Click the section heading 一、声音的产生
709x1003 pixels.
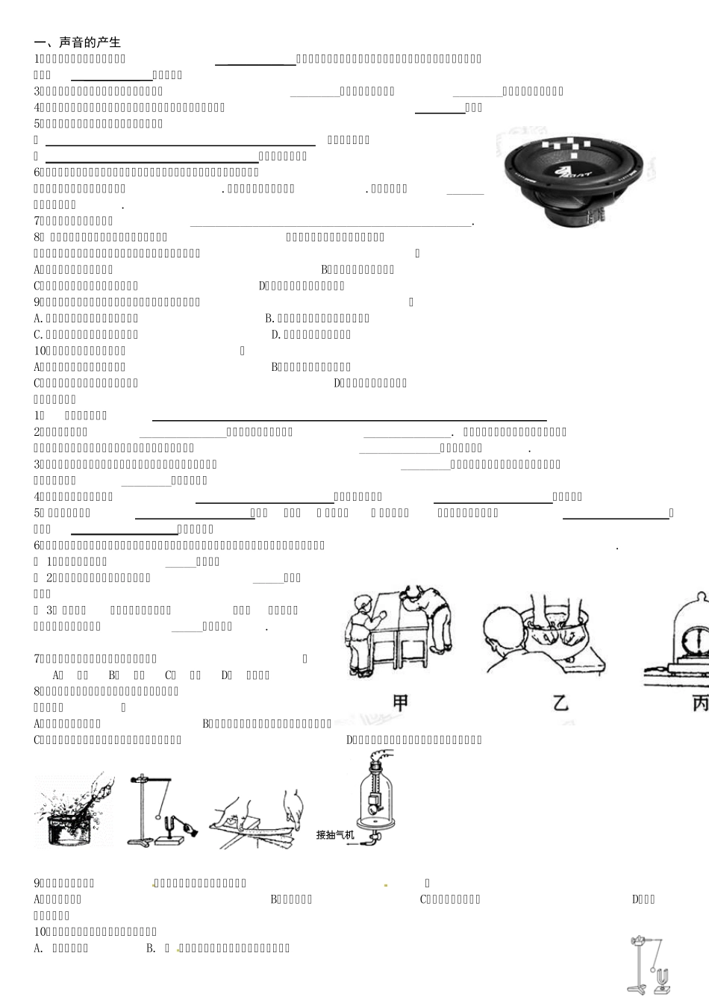(78, 43)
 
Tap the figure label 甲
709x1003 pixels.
(400, 702)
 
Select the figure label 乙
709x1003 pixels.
(560, 702)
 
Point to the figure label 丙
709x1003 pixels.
(699, 702)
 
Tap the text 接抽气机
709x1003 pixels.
(334, 834)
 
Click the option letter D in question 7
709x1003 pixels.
(225, 675)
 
